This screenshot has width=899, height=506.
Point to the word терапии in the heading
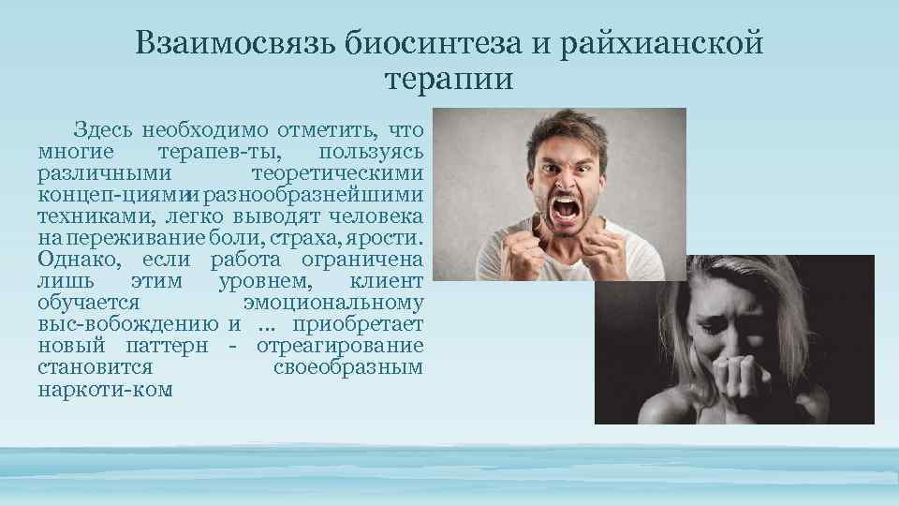click(449, 79)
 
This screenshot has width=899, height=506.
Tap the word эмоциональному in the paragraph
click(332, 303)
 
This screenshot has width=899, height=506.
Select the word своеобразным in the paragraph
click(348, 368)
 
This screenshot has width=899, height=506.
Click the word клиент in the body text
click(386, 281)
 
